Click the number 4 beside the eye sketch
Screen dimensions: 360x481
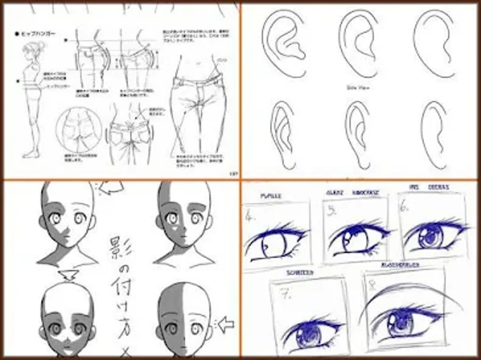(x=250, y=218)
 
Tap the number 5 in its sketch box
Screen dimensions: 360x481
(x=332, y=212)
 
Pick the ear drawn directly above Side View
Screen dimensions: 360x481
(x=359, y=45)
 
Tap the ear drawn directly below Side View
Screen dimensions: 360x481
(x=359, y=134)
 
